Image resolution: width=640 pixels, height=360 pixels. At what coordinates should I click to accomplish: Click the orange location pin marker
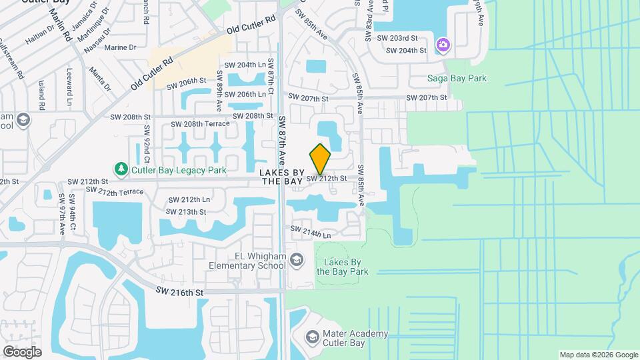click(320, 159)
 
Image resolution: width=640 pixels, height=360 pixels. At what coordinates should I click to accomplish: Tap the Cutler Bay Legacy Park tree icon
click(121, 169)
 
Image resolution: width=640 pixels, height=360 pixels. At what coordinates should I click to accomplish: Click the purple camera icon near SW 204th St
click(443, 45)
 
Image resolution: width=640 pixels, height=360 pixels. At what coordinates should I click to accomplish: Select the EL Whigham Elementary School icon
click(298, 259)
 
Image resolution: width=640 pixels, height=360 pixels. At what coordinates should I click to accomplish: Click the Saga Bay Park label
click(457, 78)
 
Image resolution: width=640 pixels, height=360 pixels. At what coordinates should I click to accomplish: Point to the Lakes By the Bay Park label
click(342, 267)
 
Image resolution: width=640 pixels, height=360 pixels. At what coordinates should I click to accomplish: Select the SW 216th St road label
click(179, 291)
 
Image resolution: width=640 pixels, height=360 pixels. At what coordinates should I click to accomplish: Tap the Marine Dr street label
click(120, 47)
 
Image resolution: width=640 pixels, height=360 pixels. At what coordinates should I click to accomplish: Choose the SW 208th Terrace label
click(200, 124)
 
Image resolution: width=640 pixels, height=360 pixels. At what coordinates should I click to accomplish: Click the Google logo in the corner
click(22, 351)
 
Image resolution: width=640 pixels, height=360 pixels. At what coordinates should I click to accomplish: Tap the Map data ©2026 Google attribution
click(598, 355)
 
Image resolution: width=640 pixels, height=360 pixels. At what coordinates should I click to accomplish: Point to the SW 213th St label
click(187, 211)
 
